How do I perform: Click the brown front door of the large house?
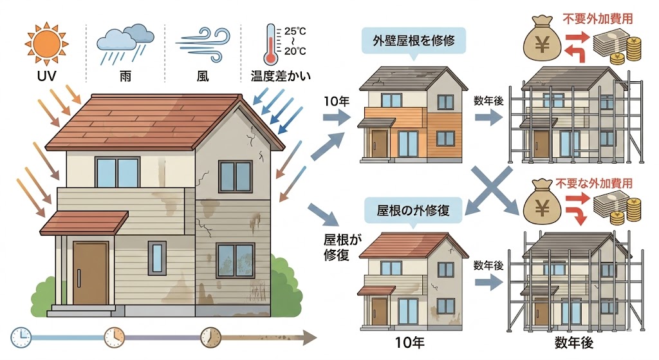90,274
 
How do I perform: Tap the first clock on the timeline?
21,336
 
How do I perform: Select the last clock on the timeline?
210,336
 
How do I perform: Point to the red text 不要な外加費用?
597,184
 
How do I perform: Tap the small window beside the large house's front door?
156,252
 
